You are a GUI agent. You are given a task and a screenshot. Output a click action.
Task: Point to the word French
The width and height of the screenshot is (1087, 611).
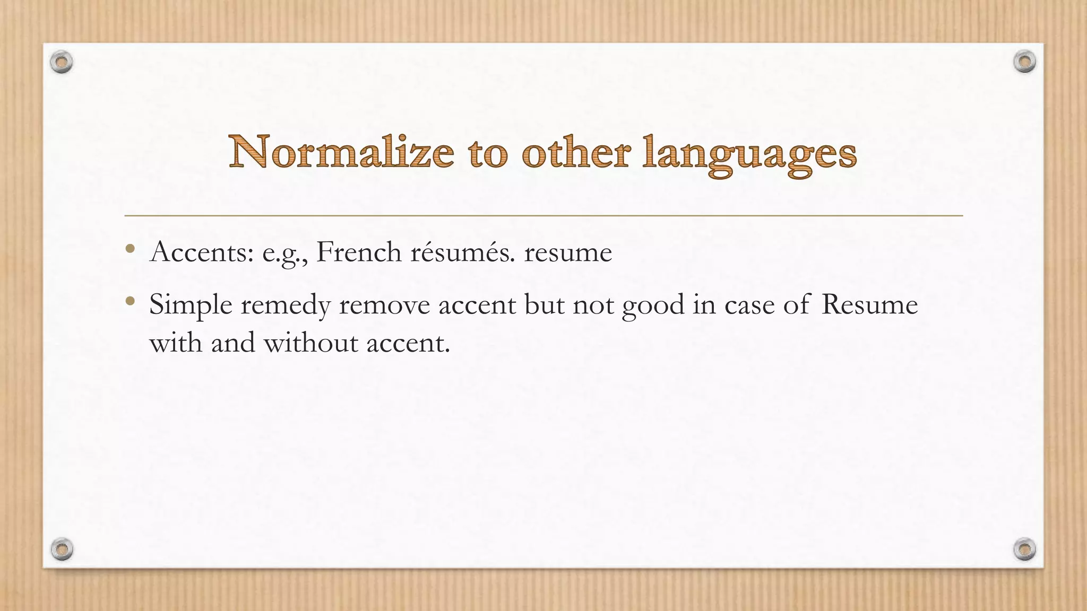[359, 252]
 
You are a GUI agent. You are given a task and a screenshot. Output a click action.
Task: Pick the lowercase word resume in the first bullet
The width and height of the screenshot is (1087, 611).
[568, 253]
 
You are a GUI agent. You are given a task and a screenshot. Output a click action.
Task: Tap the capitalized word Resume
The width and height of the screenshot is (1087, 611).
[869, 305]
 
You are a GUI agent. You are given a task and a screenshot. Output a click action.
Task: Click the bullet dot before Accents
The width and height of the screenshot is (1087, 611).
[130, 249]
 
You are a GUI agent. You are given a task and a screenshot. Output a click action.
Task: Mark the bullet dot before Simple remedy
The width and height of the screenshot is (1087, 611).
[130, 302]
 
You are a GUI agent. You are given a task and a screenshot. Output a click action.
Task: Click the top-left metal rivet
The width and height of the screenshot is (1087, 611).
[62, 63]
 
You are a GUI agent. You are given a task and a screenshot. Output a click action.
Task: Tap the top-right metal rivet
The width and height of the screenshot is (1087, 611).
[1024, 62]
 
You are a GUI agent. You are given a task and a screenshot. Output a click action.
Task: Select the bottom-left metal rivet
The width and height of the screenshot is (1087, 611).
[62, 549]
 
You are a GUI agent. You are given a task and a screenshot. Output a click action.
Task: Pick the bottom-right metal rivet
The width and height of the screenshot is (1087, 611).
[1024, 549]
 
